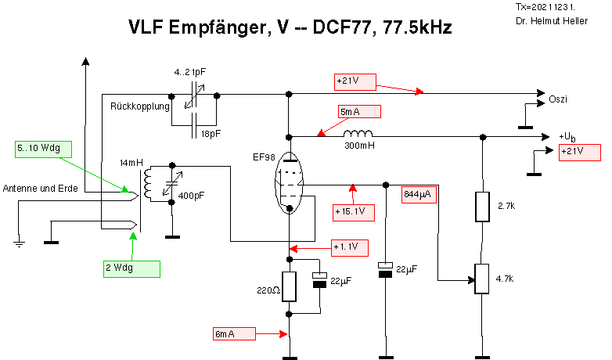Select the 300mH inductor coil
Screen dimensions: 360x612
(x=358, y=133)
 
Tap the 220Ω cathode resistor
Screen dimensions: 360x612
(x=290, y=286)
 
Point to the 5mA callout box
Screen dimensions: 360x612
(x=359, y=112)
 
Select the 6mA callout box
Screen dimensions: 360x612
(x=235, y=333)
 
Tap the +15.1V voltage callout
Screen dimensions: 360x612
(x=354, y=211)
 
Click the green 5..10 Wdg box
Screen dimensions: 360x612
(x=42, y=149)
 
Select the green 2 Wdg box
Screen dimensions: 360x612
(x=131, y=268)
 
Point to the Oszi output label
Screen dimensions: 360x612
(x=558, y=99)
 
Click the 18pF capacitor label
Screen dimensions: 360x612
(x=211, y=134)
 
